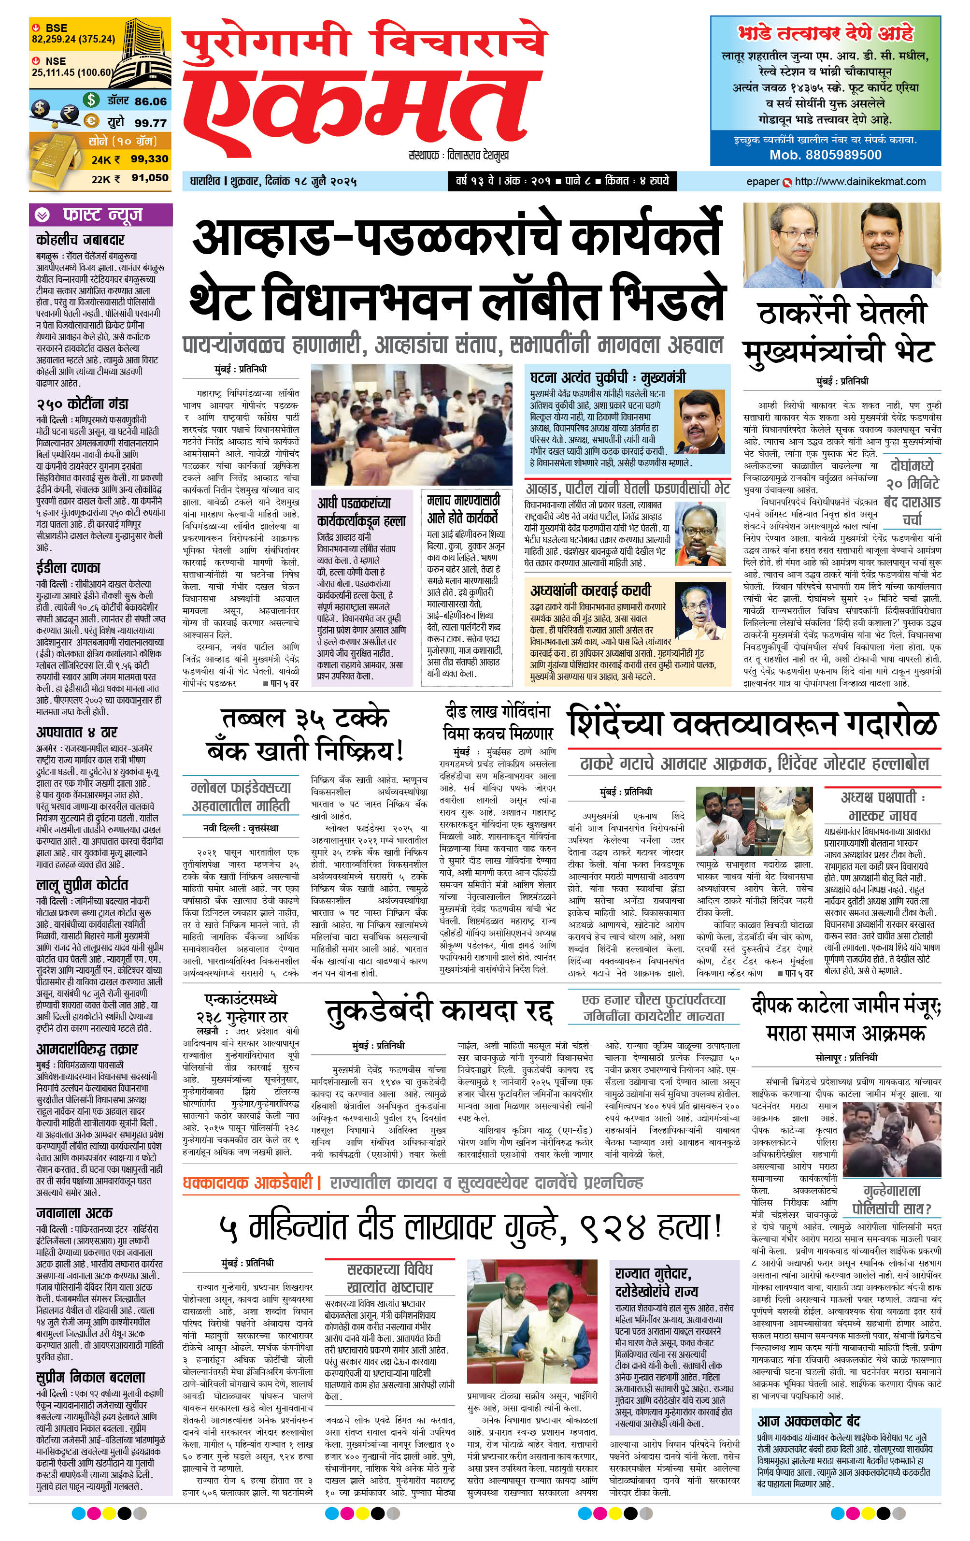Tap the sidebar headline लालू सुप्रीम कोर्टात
(x=82, y=884)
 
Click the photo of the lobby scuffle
(x=412, y=424)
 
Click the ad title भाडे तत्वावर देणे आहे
(x=826, y=33)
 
